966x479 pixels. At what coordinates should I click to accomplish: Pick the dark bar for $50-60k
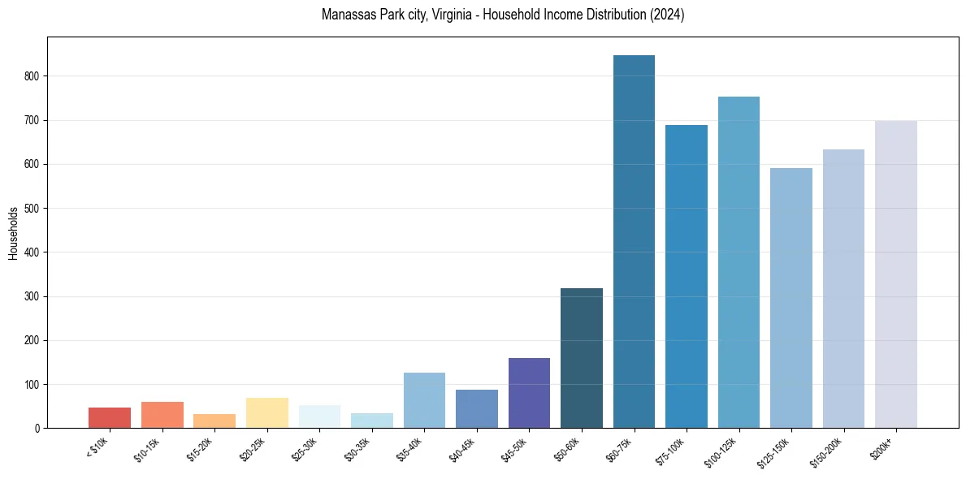582,358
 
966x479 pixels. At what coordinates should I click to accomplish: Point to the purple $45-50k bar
529,393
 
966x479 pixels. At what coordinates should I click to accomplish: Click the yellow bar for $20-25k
267,412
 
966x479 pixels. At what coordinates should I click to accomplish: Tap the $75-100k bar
687,276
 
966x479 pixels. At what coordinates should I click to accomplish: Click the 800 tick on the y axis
31,76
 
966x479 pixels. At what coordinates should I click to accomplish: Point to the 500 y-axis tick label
31,209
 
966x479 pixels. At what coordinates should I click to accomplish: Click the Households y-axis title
13,233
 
